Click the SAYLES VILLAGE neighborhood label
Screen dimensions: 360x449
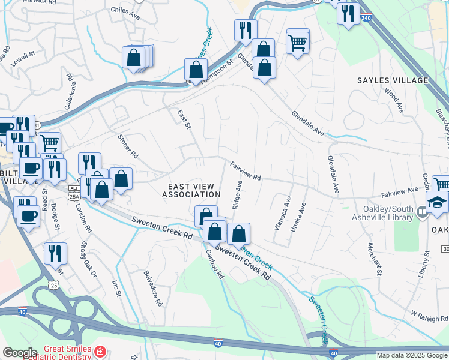pyautogui.click(x=393, y=80)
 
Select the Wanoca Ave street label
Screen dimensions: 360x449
pyautogui.click(x=282, y=213)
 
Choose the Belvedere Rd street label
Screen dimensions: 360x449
pyautogui.click(x=153, y=288)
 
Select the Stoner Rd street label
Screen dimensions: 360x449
pyautogui.click(x=128, y=146)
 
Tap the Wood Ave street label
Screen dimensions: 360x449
pyautogui.click(x=393, y=101)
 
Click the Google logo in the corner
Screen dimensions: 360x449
pyautogui.click(x=20, y=353)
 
